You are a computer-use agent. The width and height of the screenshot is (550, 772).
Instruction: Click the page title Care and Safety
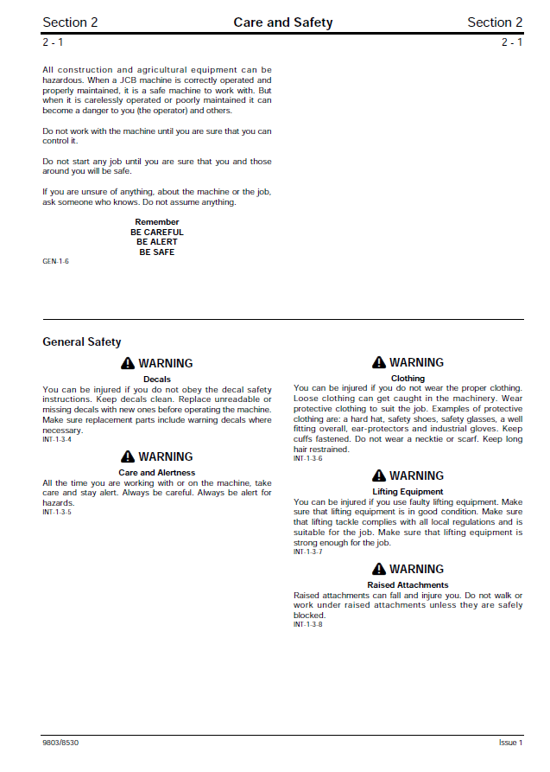tap(282, 22)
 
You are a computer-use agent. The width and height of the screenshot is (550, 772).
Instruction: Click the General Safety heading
tap(82, 342)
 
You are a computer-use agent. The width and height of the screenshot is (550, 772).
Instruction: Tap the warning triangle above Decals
tap(128, 364)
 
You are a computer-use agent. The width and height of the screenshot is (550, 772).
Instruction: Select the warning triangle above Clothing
tap(379, 363)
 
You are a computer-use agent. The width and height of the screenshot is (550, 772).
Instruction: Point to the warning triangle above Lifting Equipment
tap(379, 476)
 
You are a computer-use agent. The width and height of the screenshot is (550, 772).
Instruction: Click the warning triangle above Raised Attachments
tap(379, 570)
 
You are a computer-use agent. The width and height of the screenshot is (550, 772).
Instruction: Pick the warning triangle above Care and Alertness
tap(128, 457)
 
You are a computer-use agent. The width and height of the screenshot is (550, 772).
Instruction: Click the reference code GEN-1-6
tap(55, 261)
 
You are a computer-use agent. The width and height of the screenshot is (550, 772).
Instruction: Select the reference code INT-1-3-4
tap(57, 440)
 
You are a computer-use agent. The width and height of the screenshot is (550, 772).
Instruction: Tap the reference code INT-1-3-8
tap(307, 624)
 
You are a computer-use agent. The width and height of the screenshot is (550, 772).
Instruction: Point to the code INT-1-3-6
tap(307, 458)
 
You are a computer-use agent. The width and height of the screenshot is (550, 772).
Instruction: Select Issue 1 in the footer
tap(510, 743)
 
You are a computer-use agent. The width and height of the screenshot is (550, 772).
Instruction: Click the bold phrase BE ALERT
tap(157, 242)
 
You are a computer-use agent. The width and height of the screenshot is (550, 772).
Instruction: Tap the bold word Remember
tap(157, 222)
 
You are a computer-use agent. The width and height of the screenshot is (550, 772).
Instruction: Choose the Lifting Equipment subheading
tap(408, 492)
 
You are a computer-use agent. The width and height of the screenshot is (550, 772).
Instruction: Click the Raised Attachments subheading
tap(408, 585)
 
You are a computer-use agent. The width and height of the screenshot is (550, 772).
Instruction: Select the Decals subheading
tap(157, 380)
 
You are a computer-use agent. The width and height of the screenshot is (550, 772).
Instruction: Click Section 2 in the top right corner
tap(495, 22)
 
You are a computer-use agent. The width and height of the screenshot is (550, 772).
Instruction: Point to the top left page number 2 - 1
tap(53, 42)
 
